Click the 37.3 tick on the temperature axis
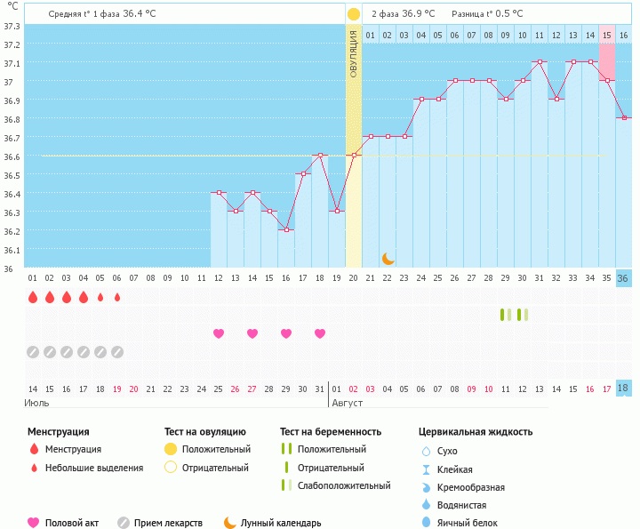point(12,26)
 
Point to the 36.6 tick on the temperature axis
point(12,156)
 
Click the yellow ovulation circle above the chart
point(354,14)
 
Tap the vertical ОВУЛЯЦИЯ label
point(354,53)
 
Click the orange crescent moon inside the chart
point(388,258)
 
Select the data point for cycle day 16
point(286,230)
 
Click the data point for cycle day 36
point(624,118)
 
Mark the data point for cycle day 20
point(354,156)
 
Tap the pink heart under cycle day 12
point(219,333)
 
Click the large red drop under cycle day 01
point(33,297)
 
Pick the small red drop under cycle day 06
point(117,297)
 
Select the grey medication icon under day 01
point(33,352)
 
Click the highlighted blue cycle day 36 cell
point(624,278)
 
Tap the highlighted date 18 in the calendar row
point(624,389)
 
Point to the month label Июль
point(37,403)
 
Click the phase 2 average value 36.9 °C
point(415,13)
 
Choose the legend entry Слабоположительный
point(344,485)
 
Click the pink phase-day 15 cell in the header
point(607,35)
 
